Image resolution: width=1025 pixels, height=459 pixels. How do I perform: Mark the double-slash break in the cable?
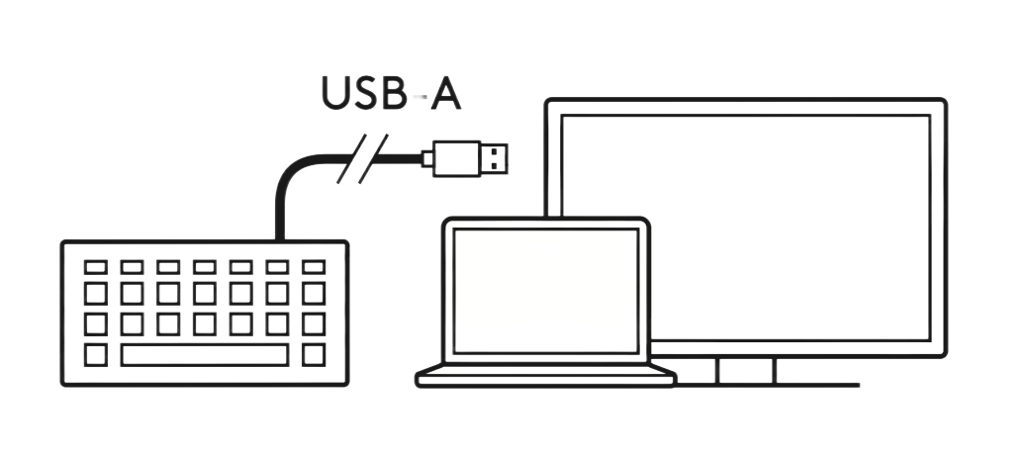358,160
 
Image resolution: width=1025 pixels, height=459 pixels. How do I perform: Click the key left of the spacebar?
96,354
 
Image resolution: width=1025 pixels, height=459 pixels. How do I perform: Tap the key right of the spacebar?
314,354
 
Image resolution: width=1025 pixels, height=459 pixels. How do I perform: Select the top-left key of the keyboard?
96,267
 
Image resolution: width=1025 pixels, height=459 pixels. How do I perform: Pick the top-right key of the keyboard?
314,267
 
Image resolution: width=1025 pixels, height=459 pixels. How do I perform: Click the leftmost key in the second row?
96,294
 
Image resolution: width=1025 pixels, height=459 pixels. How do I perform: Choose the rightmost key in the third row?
314,323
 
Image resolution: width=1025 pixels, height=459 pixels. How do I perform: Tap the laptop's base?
546,376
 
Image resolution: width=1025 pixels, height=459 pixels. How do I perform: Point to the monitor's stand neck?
746,370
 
